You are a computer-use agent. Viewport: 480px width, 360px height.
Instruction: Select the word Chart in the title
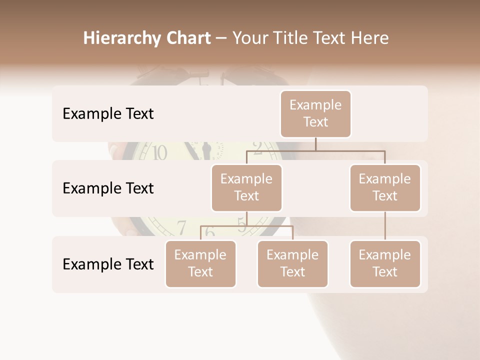[188, 38]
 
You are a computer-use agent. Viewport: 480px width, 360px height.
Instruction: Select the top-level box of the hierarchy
[315, 113]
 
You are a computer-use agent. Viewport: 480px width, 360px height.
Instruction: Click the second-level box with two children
[246, 187]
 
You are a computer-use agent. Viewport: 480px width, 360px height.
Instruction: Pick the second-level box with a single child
[385, 187]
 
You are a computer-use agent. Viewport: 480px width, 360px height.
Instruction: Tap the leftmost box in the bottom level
[200, 263]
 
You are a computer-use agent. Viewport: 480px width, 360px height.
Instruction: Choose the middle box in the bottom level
[292, 263]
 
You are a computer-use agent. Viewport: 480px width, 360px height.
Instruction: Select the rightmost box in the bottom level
[385, 263]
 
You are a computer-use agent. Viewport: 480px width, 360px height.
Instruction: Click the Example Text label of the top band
[108, 114]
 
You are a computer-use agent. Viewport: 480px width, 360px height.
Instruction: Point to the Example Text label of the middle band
[108, 188]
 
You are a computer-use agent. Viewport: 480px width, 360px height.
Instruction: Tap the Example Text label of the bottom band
[108, 264]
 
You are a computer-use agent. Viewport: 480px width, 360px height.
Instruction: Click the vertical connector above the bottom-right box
[385, 226]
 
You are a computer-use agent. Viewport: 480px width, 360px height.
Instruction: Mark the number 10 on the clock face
[159, 152]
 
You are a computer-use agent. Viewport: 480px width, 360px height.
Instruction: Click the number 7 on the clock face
[181, 227]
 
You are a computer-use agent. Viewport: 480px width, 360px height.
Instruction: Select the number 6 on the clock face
[210, 232]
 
